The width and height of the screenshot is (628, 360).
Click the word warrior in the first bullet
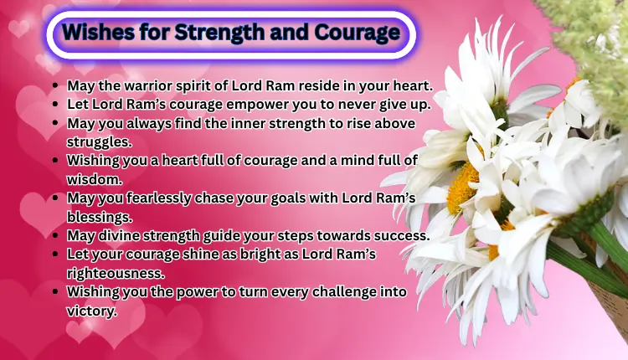point(147,85)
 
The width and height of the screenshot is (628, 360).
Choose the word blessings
point(100,216)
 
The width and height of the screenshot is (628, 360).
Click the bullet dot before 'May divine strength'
point(55,235)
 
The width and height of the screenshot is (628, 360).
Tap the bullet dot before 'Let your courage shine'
point(55,254)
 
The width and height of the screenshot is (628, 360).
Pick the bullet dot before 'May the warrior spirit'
point(55,85)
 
